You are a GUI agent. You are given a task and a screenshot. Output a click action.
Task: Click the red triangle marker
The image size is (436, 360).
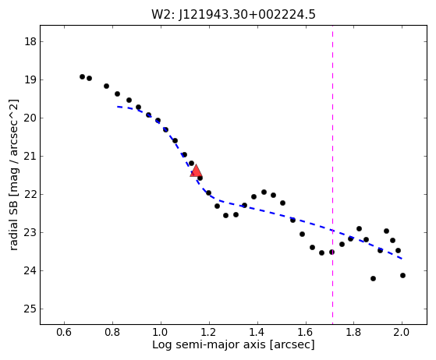[x=196, y=171]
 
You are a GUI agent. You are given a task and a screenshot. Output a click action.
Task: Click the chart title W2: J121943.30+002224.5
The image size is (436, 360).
[x=233, y=15]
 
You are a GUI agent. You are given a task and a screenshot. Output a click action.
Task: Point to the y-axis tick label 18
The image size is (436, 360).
[x=30, y=41]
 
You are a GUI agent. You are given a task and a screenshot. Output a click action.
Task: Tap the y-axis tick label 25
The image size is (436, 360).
[x=30, y=309]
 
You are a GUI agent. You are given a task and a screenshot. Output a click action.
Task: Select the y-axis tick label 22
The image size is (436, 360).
[x=30, y=195]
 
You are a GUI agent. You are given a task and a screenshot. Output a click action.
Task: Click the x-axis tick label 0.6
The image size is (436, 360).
[x=64, y=332]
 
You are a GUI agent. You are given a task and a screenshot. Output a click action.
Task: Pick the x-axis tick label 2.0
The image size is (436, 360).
[x=402, y=332]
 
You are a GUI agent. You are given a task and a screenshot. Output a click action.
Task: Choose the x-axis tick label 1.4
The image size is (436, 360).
[x=257, y=332]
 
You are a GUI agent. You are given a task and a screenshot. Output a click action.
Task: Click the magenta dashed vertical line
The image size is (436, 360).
[x=332, y=175]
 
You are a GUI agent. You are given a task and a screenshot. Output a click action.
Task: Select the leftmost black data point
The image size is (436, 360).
[x=82, y=76]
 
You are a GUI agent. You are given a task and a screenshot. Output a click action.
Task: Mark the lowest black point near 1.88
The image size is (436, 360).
[x=373, y=278]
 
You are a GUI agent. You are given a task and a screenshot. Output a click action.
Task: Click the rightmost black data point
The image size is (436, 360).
[x=402, y=275]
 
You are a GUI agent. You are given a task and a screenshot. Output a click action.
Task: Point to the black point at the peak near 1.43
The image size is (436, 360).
[x=264, y=192]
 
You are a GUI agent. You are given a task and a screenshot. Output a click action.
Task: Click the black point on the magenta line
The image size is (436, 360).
[x=331, y=252]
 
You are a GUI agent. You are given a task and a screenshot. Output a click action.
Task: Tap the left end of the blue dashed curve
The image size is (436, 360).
[x=117, y=107]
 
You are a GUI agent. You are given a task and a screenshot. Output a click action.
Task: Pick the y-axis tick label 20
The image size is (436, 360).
[x=30, y=118]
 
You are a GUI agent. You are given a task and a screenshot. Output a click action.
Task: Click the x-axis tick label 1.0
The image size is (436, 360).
[x=161, y=332]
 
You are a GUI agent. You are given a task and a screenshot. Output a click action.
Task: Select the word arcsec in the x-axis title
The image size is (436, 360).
[x=292, y=344]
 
